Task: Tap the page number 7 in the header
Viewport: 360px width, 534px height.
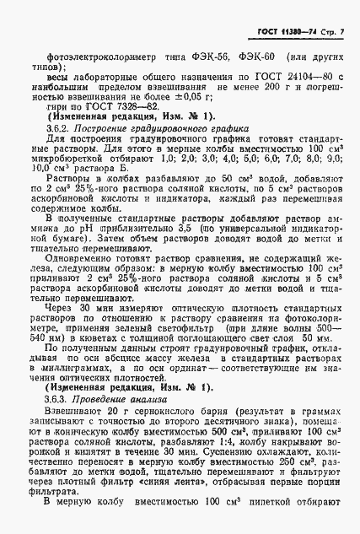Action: coord(346,32)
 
